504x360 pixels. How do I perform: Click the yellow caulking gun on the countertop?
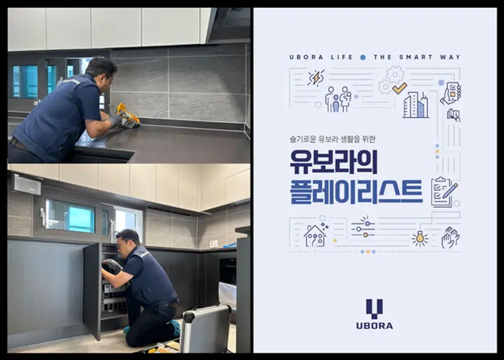point(127,115)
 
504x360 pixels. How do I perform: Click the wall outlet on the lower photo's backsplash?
point(213,243)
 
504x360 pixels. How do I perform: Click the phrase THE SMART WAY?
point(417,58)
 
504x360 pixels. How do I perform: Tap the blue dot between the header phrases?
point(363,58)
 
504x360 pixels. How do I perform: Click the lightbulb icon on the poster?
point(419,238)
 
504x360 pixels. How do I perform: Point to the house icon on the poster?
point(315,234)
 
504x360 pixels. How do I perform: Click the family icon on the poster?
point(338,99)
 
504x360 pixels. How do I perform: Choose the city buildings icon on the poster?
point(415,105)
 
